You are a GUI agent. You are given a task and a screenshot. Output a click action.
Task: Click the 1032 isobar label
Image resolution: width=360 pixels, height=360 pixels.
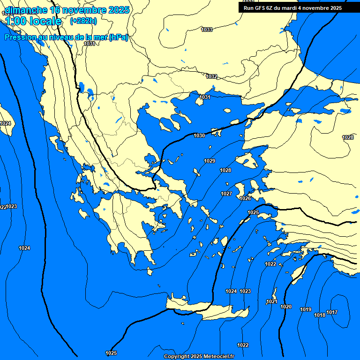pyautogui.click(x=211, y=76)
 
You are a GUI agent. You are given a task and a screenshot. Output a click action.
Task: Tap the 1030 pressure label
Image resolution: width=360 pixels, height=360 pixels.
pyautogui.click(x=199, y=135)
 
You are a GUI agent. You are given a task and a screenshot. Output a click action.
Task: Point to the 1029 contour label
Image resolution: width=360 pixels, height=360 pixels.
pyautogui.click(x=210, y=161)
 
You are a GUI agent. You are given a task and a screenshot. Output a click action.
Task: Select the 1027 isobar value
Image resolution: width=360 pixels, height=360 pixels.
pyautogui.click(x=226, y=194)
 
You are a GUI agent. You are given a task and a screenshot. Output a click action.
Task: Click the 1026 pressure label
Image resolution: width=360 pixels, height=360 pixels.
pyautogui.click(x=245, y=198)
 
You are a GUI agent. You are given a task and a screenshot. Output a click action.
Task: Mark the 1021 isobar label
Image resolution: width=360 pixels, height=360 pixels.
pyautogui.click(x=272, y=301)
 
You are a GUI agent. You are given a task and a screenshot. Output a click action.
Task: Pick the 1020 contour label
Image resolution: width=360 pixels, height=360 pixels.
pyautogui.click(x=286, y=307)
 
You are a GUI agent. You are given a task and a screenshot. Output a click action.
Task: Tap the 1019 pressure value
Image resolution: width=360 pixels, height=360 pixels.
pyautogui.click(x=306, y=309)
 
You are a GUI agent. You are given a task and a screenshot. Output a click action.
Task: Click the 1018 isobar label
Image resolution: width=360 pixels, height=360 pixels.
pyautogui.click(x=320, y=315)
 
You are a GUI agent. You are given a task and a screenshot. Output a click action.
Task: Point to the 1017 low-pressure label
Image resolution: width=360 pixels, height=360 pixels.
pyautogui.click(x=332, y=312)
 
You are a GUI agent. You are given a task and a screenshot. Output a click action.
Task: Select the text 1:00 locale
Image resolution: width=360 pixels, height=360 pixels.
pyautogui.click(x=33, y=21)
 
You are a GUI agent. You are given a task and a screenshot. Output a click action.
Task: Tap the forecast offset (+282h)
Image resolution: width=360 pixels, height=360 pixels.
pyautogui.click(x=83, y=21)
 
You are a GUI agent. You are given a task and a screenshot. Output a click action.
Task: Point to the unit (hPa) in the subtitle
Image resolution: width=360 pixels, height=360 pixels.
pyautogui.click(x=118, y=37)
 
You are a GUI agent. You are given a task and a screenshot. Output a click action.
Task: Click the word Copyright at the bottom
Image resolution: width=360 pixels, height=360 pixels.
pyautogui.click(x=177, y=356)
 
